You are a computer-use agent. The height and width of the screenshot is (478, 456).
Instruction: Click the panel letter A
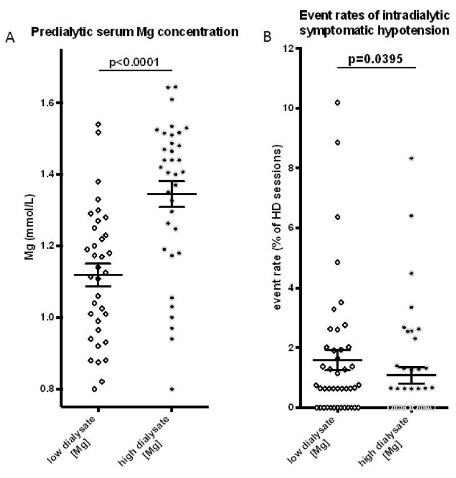coord(10,38)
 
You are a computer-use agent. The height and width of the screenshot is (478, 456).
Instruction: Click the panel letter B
coord(267,37)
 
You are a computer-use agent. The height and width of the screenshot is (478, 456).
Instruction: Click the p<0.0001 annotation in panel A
coord(135,62)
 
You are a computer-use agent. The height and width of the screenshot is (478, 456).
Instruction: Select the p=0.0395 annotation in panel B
coord(376,59)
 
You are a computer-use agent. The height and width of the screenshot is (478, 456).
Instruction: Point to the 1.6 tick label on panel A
coord(47,103)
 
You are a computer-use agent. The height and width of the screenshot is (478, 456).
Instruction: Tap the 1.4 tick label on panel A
coord(47,174)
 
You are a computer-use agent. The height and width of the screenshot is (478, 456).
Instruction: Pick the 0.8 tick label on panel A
coord(47,388)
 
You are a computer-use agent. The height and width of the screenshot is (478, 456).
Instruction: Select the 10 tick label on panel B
coord(288,108)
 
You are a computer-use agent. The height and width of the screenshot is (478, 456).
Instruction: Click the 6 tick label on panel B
coord(291,228)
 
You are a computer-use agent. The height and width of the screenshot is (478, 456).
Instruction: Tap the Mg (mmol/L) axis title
coord(30,227)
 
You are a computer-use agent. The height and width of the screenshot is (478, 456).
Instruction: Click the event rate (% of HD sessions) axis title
coord(277,227)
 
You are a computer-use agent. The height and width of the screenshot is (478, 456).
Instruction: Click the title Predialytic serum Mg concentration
coord(135,32)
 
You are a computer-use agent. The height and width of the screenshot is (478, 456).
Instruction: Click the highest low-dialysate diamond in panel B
coord(337,103)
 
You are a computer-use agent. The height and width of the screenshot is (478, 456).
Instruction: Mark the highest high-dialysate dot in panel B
coord(411,158)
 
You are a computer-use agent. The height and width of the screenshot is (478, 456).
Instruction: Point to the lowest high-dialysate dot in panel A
coord(172,388)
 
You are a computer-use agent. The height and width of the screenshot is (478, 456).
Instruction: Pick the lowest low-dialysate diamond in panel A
coord(95,388)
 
